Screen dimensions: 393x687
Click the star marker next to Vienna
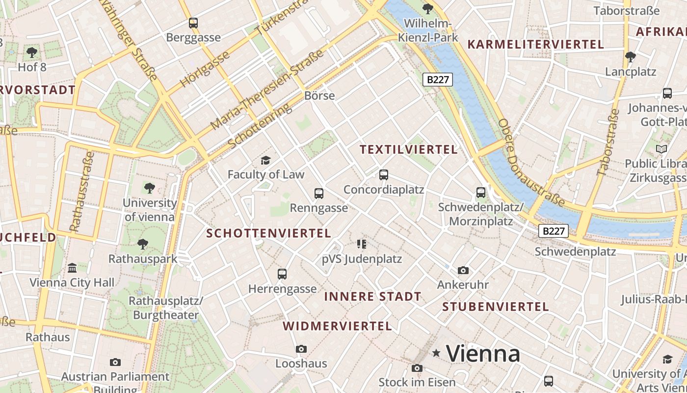pyautogui.click(x=436, y=353)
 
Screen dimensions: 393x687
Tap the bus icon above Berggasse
pyautogui.click(x=193, y=23)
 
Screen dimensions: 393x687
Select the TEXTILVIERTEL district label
pyautogui.click(x=409, y=149)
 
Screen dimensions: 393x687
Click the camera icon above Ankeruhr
pyautogui.click(x=463, y=270)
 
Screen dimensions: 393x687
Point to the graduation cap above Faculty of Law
pyautogui.click(x=265, y=160)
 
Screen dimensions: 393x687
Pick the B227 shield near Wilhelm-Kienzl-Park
pyautogui.click(x=437, y=80)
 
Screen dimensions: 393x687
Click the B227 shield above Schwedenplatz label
pyautogui.click(x=554, y=231)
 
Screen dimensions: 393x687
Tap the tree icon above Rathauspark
pyautogui.click(x=143, y=244)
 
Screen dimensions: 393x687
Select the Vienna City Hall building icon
pyautogui.click(x=72, y=268)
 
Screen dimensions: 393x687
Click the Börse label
pyautogui.click(x=319, y=96)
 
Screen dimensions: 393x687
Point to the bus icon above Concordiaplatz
pyautogui.click(x=384, y=174)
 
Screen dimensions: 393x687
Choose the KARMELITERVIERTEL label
pyautogui.click(x=535, y=44)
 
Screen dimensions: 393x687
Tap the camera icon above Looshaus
pyautogui.click(x=301, y=349)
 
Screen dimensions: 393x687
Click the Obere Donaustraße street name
pyautogui.click(x=531, y=162)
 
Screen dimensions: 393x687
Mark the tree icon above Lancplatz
pyautogui.click(x=631, y=57)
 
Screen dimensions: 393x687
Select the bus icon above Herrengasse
pyautogui.click(x=282, y=274)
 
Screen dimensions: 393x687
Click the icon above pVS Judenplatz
pyautogui.click(x=362, y=244)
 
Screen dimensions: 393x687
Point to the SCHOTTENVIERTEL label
pyautogui.click(x=268, y=233)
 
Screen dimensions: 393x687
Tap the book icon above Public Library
pyautogui.click(x=661, y=148)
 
